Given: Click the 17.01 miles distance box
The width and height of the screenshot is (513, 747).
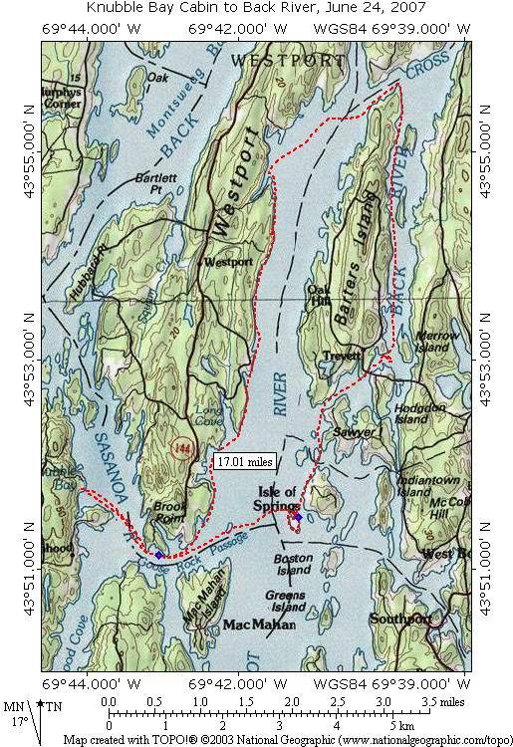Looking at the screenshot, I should click(x=243, y=462).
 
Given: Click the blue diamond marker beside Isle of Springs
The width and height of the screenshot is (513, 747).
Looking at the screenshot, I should click(x=298, y=516).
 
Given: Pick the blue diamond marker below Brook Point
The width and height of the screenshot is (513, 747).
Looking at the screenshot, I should click(x=159, y=555).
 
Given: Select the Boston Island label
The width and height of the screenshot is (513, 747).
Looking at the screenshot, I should click(x=293, y=565).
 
